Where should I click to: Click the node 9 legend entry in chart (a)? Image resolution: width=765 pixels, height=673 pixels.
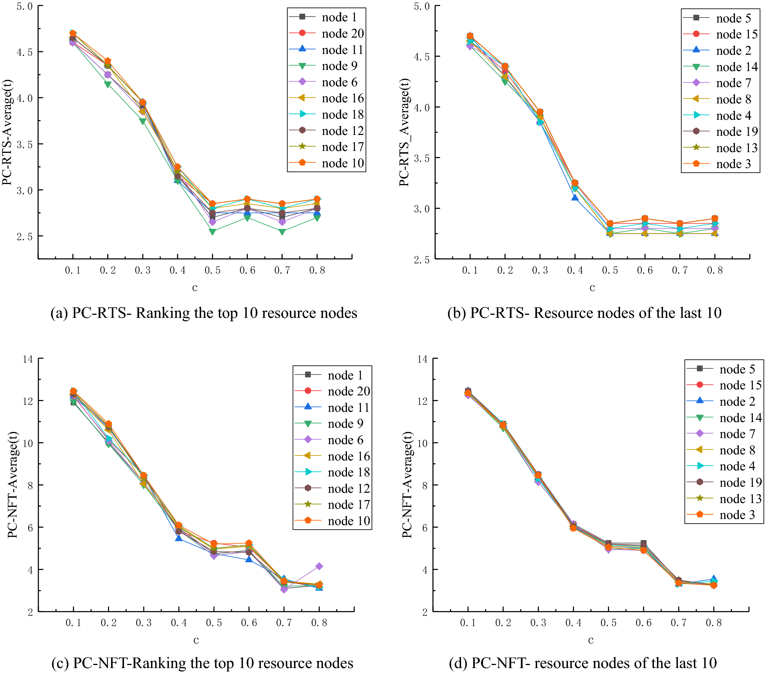[339, 66]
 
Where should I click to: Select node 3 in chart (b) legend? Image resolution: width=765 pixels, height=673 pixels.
[733, 164]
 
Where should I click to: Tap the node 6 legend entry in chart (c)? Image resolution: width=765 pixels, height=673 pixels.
[345, 440]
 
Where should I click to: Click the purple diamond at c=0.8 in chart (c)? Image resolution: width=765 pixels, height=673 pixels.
[319, 566]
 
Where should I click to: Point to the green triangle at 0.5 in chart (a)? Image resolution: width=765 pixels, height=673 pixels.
[213, 232]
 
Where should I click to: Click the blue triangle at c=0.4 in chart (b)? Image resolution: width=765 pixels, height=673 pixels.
[575, 198]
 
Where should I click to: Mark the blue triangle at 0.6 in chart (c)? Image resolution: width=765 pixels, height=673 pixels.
[249, 559]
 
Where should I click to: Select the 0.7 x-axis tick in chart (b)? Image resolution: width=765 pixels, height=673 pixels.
[680, 270]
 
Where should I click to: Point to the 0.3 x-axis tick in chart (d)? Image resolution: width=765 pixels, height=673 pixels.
[538, 623]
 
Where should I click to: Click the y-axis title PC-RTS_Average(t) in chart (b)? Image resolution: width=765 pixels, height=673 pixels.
[404, 132]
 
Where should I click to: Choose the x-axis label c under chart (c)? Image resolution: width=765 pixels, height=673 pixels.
[196, 640]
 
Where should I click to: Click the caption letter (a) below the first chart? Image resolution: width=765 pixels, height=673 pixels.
[59, 313]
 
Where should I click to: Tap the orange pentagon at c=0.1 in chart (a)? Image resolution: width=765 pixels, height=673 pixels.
[73, 33]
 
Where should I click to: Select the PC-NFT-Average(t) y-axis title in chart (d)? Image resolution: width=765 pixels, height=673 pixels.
[407, 485]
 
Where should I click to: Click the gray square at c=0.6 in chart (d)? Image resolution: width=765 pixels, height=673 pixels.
[643, 543]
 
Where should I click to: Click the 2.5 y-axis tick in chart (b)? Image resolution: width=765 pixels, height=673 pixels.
[421, 260]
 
